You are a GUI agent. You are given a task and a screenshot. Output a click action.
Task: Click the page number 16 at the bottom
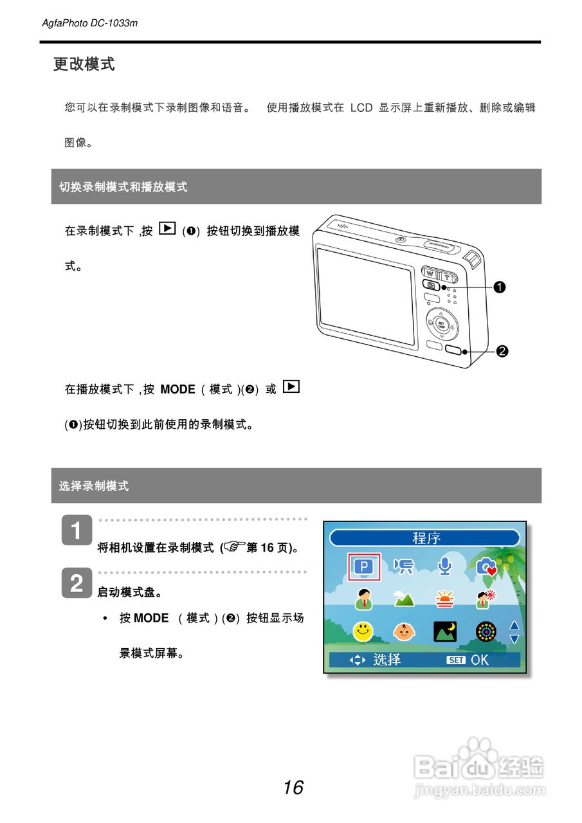[x=293, y=787]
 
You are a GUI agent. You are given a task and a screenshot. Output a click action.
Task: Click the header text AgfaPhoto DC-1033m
[x=90, y=23]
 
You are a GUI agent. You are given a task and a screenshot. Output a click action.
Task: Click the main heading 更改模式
[x=84, y=64]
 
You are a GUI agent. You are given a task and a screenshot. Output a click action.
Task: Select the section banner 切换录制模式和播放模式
[x=123, y=187]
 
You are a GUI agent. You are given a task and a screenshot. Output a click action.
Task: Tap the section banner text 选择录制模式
[x=94, y=486]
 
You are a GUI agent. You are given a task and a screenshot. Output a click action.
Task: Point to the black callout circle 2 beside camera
[x=502, y=351]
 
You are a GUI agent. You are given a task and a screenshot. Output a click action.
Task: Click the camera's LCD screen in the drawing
[x=365, y=296]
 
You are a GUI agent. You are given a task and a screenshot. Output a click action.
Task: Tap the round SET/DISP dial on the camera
[x=441, y=324]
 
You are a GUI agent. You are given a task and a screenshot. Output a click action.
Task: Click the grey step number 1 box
[x=77, y=531]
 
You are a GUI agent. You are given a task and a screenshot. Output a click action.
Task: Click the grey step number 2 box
[x=77, y=583]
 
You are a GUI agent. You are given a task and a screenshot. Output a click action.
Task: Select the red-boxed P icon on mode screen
[x=364, y=566]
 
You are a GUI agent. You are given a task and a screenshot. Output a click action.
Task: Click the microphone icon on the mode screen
[x=446, y=566]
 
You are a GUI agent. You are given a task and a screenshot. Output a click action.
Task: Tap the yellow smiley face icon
[x=363, y=631]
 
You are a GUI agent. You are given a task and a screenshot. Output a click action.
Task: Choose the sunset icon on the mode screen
[x=444, y=599]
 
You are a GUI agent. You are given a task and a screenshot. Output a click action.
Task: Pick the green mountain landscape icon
[x=404, y=599]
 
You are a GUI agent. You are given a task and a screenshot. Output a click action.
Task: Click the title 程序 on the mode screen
[x=426, y=538]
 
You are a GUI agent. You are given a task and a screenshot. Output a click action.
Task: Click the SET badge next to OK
[x=456, y=660]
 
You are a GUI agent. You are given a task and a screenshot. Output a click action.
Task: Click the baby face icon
[x=404, y=631]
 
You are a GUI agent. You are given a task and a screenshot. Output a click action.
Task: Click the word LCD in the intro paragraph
[x=361, y=108]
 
